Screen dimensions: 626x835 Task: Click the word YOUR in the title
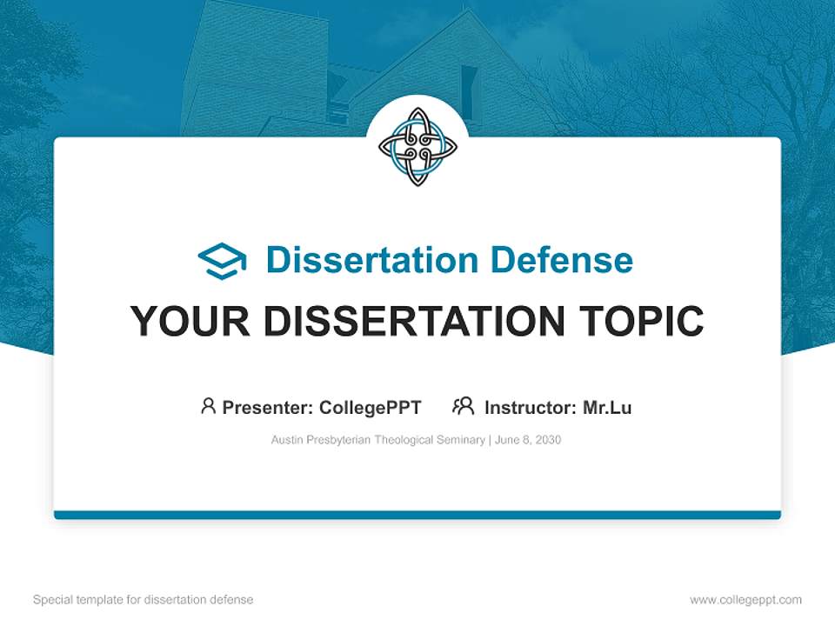[190, 322]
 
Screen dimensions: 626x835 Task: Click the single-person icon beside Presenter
[208, 406]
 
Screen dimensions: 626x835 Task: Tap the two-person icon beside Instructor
[463, 406]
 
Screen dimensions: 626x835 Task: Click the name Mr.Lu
[607, 407]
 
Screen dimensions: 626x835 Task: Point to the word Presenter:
[268, 407]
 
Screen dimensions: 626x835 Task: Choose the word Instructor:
[530, 407]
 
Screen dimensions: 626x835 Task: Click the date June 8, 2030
[529, 440]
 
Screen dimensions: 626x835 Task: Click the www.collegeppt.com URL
[745, 600]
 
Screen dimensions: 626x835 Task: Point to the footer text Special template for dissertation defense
[143, 600]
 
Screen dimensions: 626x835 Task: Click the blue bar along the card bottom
[417, 515]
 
